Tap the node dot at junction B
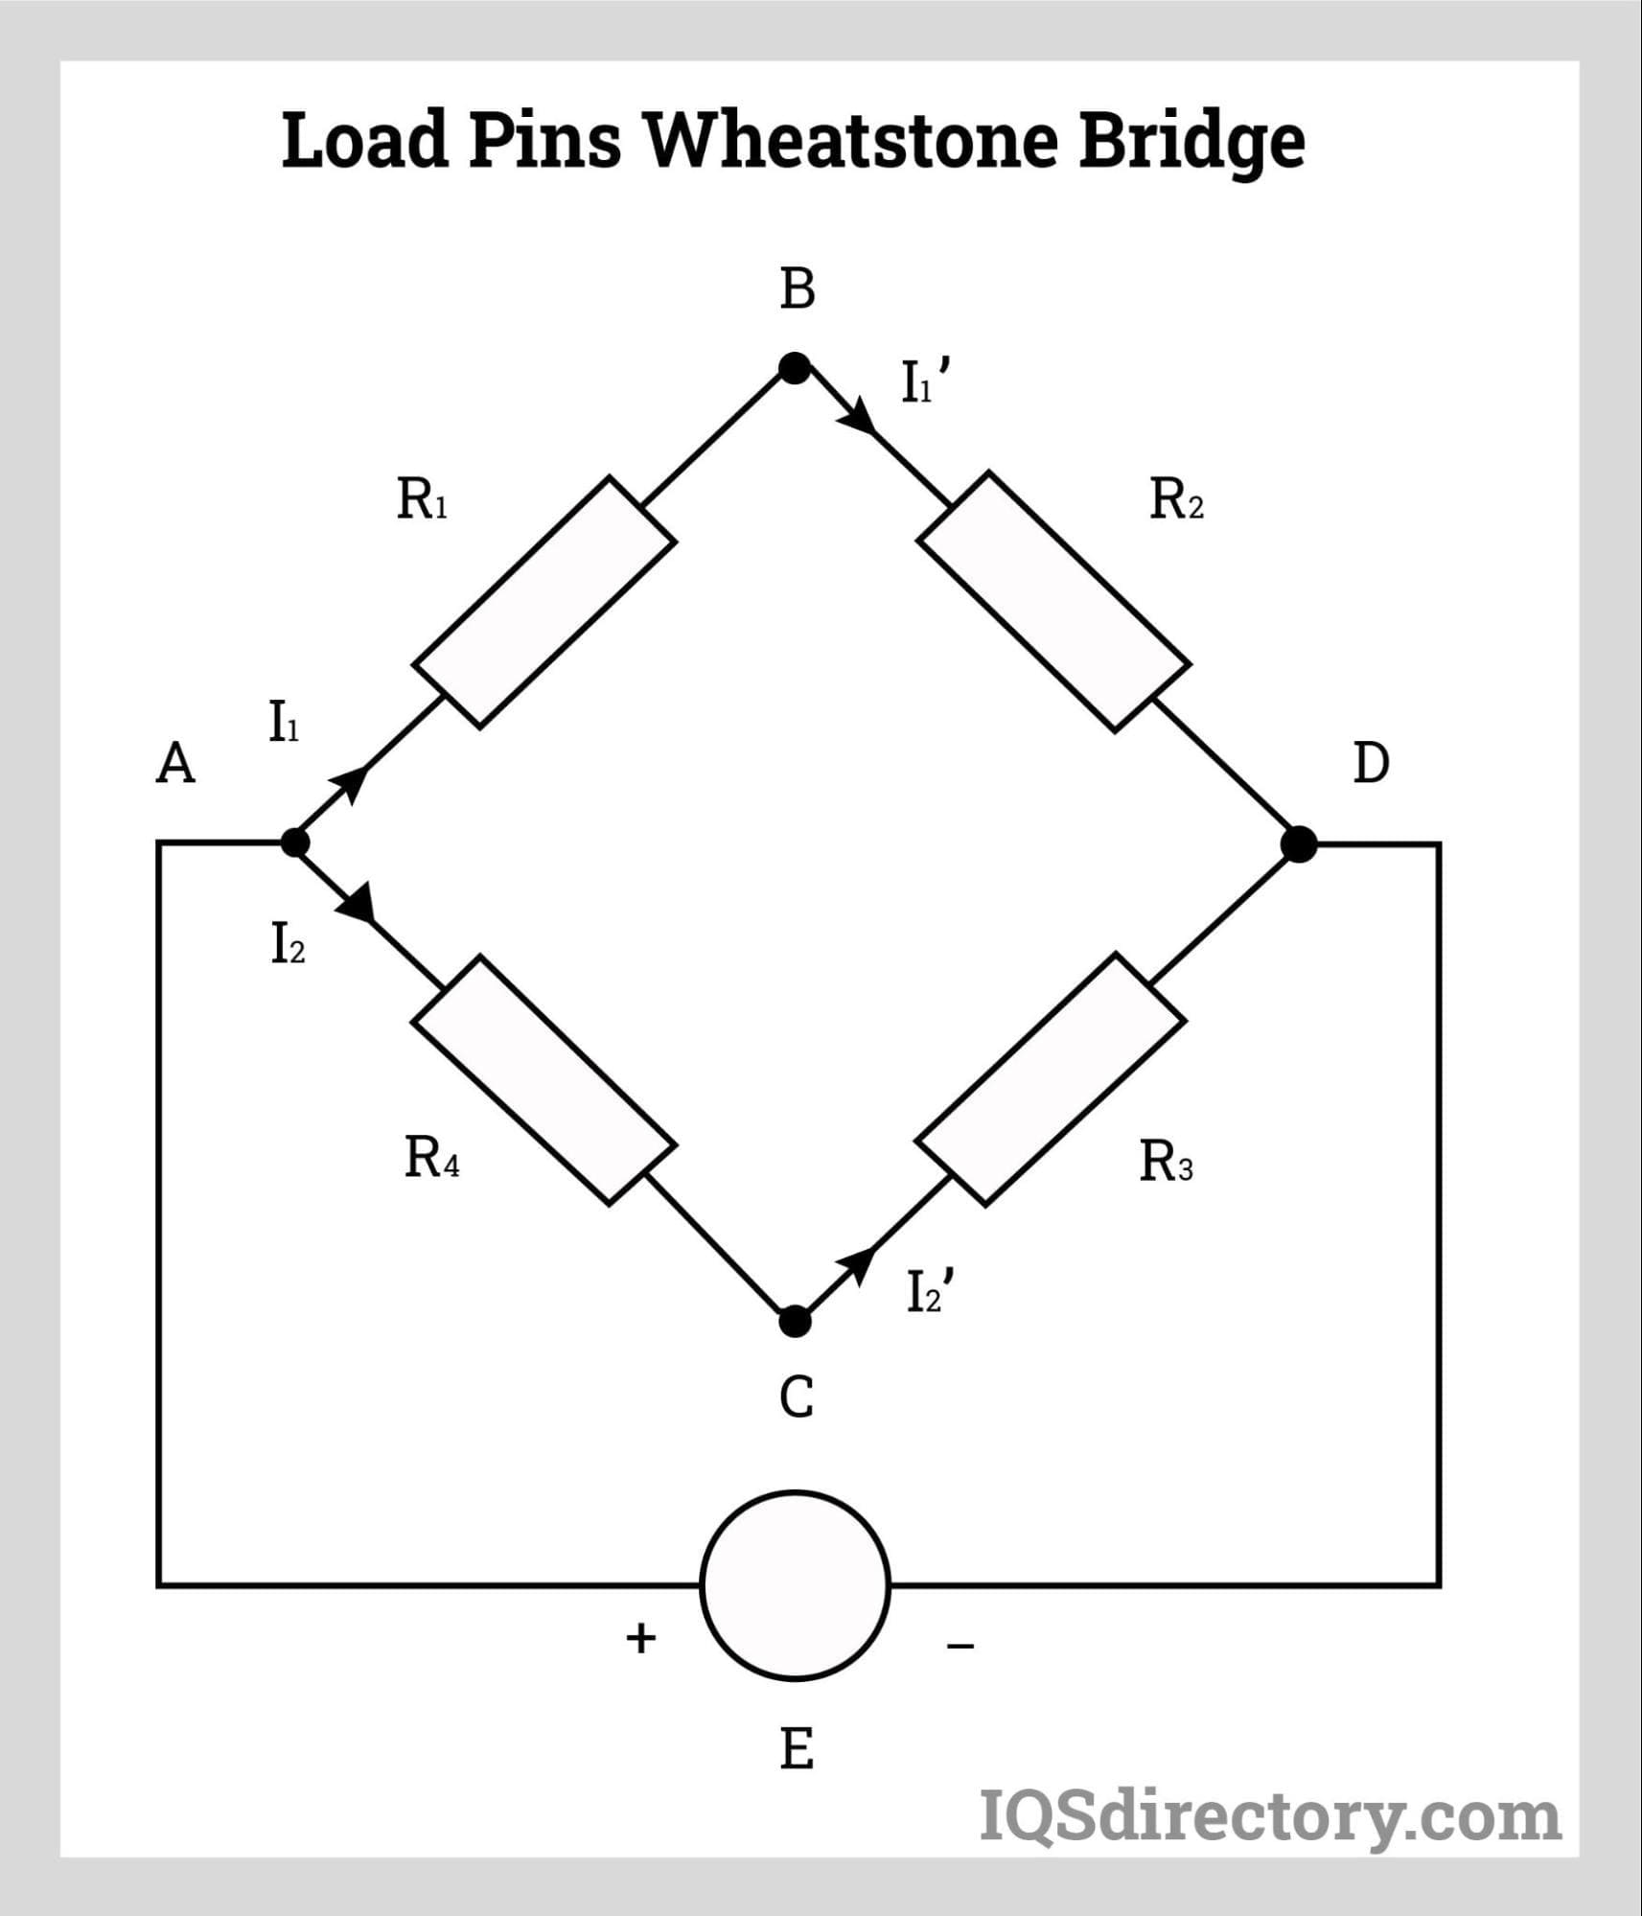point(794,368)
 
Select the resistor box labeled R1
point(544,602)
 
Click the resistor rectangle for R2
point(1053,602)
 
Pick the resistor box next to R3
point(1052,1079)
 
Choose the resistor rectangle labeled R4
point(544,1079)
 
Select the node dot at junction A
point(294,843)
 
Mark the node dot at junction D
point(1299,844)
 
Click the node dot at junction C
point(795,1322)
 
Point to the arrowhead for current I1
point(354,782)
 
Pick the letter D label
point(1370,764)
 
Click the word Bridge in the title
point(1191,140)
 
